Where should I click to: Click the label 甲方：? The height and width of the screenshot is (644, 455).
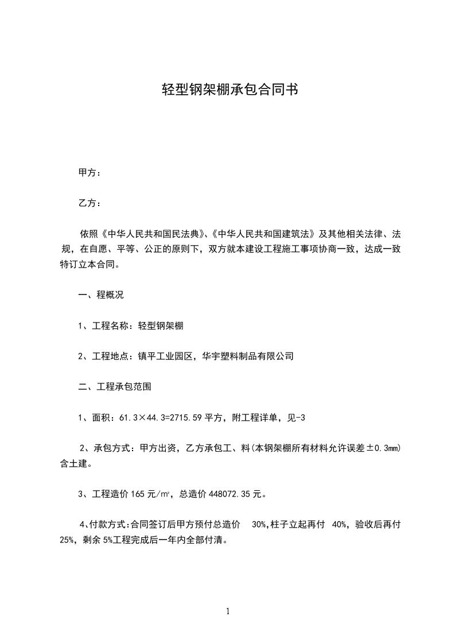(x=90, y=172)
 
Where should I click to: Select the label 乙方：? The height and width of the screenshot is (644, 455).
(x=90, y=203)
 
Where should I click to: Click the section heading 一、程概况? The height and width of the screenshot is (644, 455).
(x=101, y=296)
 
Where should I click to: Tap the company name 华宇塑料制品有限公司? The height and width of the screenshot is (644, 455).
(x=248, y=356)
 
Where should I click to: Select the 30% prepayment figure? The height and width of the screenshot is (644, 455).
(x=259, y=525)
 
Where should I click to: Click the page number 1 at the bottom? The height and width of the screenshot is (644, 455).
(x=228, y=612)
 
